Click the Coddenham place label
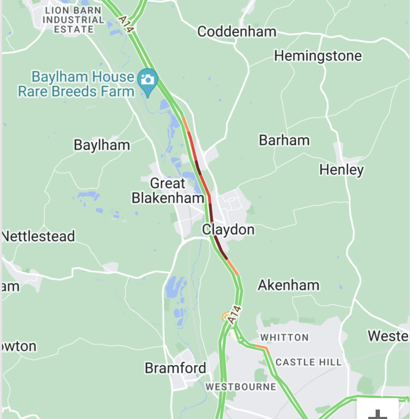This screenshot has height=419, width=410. (237, 32)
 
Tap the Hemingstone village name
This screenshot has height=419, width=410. (318, 56)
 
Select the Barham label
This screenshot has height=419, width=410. (284, 140)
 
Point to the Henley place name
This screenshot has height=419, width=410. (341, 170)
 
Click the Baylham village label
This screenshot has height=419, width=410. (102, 145)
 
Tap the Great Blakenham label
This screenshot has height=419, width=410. (168, 191)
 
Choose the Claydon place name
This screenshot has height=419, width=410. (228, 230)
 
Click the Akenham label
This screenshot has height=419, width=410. (289, 285)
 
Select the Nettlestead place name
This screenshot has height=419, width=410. (39, 236)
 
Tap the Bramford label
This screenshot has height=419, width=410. (175, 368)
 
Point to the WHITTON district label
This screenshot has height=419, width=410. (284, 338)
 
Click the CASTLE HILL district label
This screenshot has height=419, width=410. (308, 362)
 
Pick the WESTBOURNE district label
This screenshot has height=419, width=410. (241, 387)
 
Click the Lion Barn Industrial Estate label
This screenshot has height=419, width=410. (73, 20)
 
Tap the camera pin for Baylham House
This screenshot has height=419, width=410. (148, 79)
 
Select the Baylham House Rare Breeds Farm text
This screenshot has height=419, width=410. (76, 84)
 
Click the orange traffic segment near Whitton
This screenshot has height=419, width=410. (262, 348)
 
